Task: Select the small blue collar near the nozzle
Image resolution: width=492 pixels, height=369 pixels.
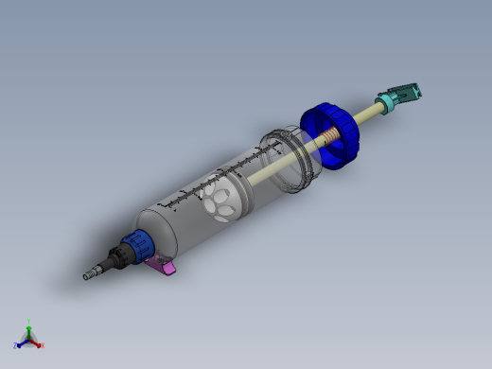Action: (x=138, y=245)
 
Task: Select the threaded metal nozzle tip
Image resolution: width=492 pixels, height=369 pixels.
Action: (x=93, y=273)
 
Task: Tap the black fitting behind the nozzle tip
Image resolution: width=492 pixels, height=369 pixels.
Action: (x=116, y=258)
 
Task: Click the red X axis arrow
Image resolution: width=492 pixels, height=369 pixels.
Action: (x=36, y=343)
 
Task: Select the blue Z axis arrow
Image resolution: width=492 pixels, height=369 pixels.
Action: (x=23, y=343)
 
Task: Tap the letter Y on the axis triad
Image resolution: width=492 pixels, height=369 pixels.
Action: (x=29, y=321)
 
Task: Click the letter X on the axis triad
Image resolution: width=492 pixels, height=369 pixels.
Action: (x=42, y=345)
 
